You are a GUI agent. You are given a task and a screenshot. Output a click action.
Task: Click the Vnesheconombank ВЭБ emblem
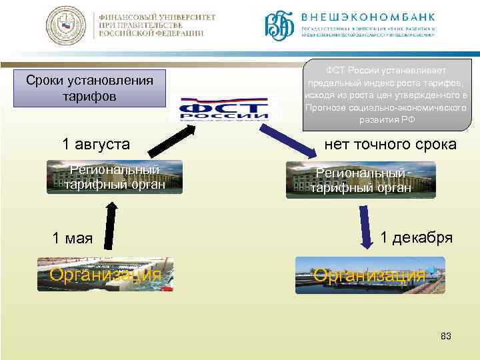[x=278, y=25]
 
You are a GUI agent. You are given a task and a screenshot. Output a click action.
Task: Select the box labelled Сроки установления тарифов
[x=89, y=88]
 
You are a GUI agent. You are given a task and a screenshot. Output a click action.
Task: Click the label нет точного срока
[x=389, y=143]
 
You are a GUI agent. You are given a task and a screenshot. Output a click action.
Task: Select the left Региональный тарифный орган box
[x=115, y=177]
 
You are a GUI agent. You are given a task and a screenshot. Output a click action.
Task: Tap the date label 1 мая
[x=73, y=238]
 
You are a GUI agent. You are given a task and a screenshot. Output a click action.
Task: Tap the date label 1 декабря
[x=416, y=238]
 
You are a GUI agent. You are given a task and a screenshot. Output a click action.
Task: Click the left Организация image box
[x=105, y=274]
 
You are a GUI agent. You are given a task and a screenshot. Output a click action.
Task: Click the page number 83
[x=445, y=336]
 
